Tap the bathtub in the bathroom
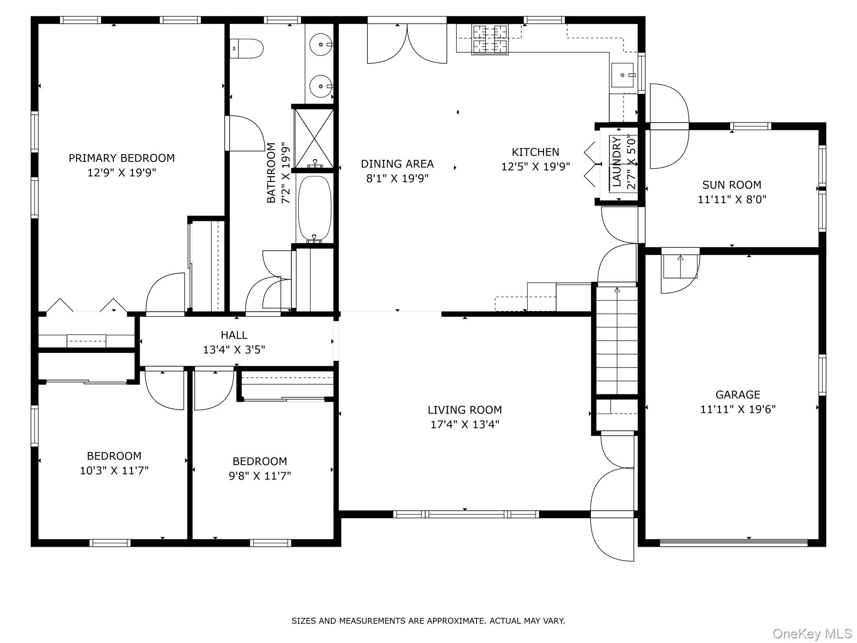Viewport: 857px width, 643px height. pos(315,209)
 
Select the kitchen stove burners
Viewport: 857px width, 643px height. pos(490,39)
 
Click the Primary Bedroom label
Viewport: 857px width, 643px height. pos(122,158)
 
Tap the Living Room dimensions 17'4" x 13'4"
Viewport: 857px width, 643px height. pos(465,424)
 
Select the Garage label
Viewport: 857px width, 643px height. pos(738,394)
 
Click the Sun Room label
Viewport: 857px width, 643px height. pos(732,185)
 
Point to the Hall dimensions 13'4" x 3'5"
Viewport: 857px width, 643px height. pos(234,350)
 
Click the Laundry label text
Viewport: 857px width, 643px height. pos(616,162)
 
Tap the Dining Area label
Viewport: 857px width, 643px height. pos(397,164)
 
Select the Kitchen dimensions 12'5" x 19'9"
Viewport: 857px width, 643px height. pos(536,167)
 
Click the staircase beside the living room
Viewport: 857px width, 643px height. pos(617,340)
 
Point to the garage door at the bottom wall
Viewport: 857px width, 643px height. pos(734,543)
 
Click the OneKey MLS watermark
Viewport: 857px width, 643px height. pos(812,633)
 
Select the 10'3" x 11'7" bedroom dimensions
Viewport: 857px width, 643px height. pos(114,471)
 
